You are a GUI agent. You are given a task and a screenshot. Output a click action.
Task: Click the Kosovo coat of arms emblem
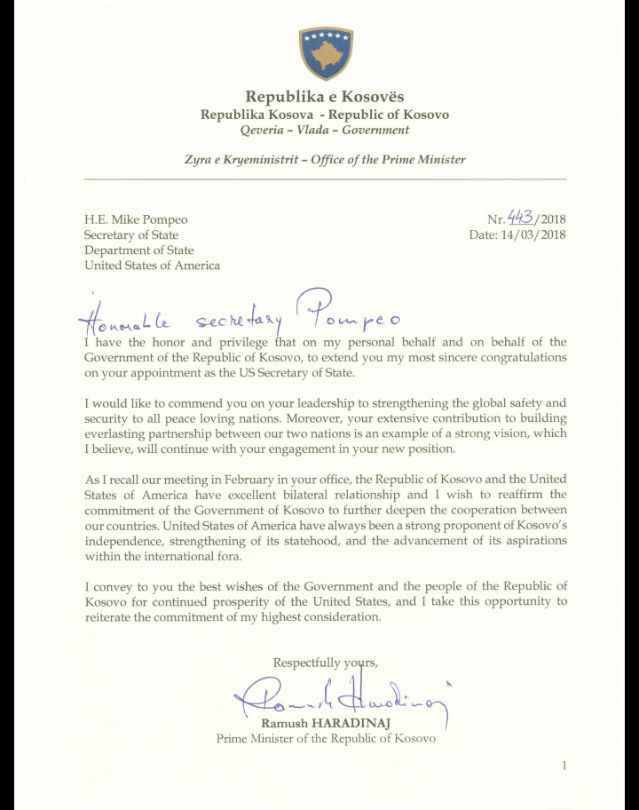coord(325,53)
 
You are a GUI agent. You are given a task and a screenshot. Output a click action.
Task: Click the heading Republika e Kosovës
coord(325,97)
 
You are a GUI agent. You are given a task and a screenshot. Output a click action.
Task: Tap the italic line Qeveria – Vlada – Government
coord(325,130)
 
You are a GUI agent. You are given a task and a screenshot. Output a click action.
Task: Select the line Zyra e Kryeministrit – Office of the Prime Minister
coord(325,160)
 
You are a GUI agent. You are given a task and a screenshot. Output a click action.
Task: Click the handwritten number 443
coord(521,218)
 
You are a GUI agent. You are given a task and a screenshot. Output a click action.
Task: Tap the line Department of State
coord(139,250)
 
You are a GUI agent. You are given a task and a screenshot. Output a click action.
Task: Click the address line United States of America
coord(153,266)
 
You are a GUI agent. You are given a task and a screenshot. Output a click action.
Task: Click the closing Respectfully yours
coord(326,663)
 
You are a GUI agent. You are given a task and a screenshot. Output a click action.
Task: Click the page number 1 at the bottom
coord(564,766)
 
